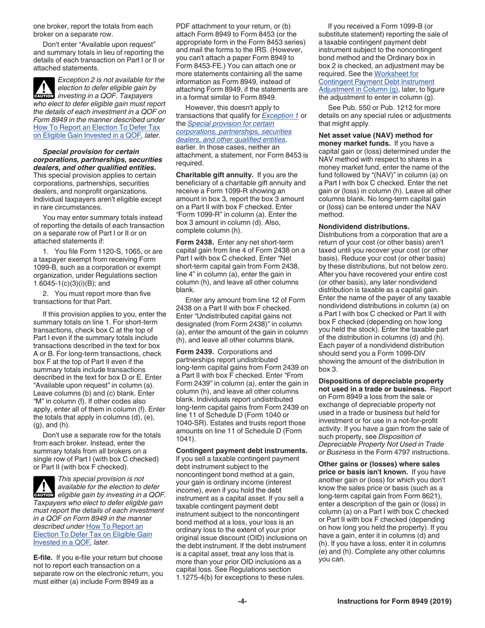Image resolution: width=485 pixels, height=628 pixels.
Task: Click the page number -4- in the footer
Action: click(x=242, y=601)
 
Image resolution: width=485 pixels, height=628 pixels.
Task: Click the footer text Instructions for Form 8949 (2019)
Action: click(x=394, y=601)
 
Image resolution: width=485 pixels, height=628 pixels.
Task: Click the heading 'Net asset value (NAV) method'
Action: click(x=375, y=135)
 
